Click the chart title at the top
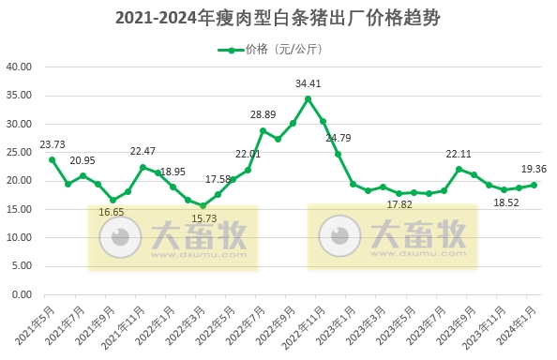[x=278, y=18]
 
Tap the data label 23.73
[x=53, y=144]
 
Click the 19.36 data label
[x=534, y=169]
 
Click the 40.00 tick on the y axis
[x=20, y=67]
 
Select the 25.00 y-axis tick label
[x=20, y=153]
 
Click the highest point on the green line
[x=308, y=98]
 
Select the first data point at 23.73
[x=53, y=159]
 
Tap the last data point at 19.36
[x=534, y=185]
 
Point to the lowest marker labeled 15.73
[x=203, y=205]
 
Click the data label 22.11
[x=459, y=154]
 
